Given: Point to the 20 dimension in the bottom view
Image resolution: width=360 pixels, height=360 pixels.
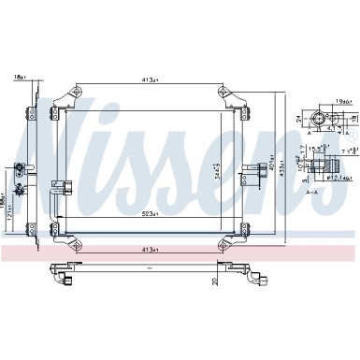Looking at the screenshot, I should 214,276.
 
